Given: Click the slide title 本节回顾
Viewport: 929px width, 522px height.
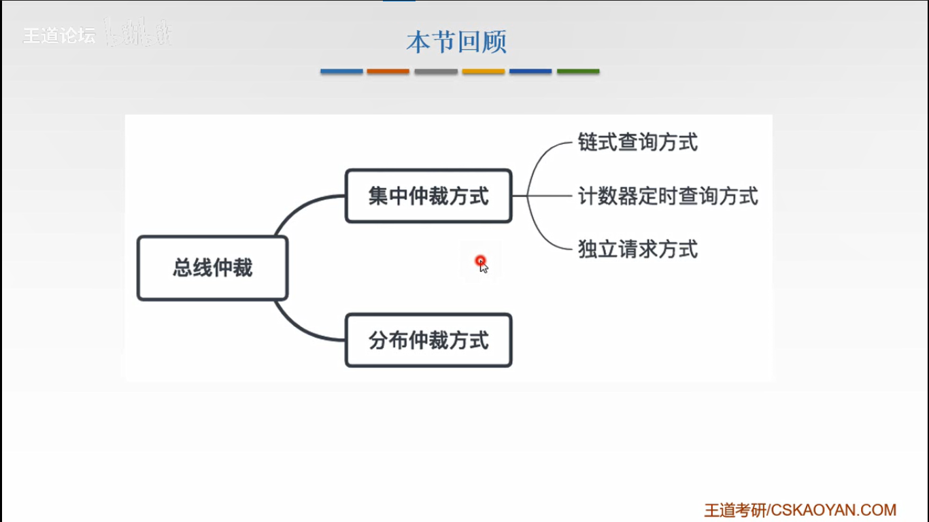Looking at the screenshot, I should [456, 42].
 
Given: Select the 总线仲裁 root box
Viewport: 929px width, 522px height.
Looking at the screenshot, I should [213, 268].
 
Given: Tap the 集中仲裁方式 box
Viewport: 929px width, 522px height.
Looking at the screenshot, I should [428, 196].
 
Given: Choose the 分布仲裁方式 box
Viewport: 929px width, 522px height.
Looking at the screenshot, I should [428, 340].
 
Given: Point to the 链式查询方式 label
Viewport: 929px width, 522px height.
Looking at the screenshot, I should [637, 143].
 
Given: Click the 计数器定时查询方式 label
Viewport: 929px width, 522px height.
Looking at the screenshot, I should [667, 196].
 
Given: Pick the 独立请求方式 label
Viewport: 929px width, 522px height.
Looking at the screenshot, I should [637, 249].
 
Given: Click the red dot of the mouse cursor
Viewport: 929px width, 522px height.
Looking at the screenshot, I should [481, 260].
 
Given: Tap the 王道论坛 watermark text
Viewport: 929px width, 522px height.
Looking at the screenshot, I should [59, 36].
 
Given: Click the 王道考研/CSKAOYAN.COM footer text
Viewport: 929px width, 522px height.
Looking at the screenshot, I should [800, 510].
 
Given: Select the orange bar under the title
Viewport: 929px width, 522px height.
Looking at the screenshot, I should [388, 71].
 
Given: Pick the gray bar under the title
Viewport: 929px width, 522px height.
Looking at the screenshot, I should [435, 71].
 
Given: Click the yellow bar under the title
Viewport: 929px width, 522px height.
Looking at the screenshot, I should [483, 71].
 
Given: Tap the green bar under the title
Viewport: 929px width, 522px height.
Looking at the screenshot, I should [578, 71].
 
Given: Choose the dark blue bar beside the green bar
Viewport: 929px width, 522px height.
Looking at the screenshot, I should [530, 71].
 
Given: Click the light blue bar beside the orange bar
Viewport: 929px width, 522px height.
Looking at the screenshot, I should [341, 71].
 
